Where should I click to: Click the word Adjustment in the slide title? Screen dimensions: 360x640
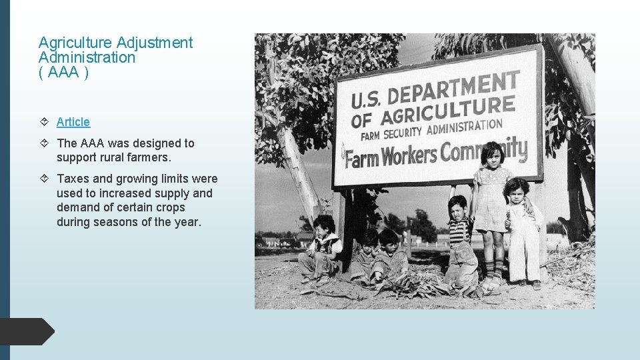pyautogui.click(x=155, y=43)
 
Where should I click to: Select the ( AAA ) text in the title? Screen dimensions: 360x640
pyautogui.click(x=63, y=72)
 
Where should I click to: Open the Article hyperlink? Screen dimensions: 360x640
pyautogui.click(x=73, y=122)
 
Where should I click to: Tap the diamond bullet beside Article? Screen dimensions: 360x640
pyautogui.click(x=44, y=122)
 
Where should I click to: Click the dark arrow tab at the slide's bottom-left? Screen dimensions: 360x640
pyautogui.click(x=27, y=331)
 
